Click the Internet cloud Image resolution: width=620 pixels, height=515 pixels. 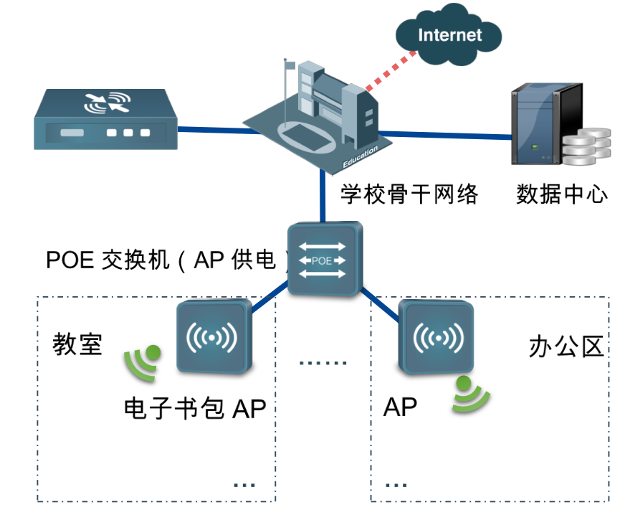point(449,35)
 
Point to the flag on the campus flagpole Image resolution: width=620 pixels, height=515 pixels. point(290,65)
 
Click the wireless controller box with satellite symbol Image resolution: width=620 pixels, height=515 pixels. point(105,119)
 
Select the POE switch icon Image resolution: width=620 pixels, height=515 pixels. point(324,259)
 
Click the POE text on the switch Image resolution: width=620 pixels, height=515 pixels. point(322,260)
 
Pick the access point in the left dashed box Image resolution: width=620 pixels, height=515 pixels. point(213,336)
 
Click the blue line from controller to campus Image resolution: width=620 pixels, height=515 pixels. point(211,131)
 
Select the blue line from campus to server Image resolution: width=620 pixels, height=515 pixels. point(444,134)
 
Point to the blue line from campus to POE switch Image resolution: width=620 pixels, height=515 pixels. point(323,197)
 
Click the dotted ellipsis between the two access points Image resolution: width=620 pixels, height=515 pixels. point(323,363)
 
